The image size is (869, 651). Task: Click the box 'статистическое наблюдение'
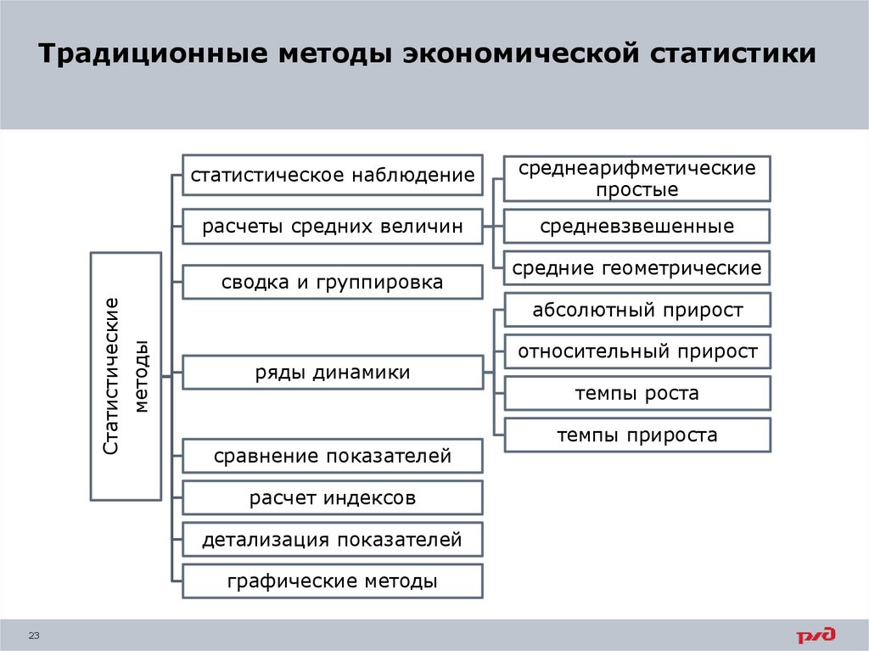333,177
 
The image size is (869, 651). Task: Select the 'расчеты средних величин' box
333,227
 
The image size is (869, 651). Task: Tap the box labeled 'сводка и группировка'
333,282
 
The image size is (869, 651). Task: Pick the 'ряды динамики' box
333,372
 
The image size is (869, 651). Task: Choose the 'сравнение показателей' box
333,457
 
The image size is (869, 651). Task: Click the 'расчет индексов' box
333,497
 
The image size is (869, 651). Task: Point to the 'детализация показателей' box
333,540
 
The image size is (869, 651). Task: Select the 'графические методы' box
333,581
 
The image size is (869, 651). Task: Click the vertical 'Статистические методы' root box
126,375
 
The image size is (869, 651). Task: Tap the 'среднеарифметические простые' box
637,178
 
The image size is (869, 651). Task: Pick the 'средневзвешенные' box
637,227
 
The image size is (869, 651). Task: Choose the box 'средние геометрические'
637,269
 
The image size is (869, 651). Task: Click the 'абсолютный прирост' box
637,310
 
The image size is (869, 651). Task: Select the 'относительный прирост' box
637,351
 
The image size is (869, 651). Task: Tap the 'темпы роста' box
637,393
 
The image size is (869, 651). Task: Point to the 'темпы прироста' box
637,435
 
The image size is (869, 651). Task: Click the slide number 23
35,636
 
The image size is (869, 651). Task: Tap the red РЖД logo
816,635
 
